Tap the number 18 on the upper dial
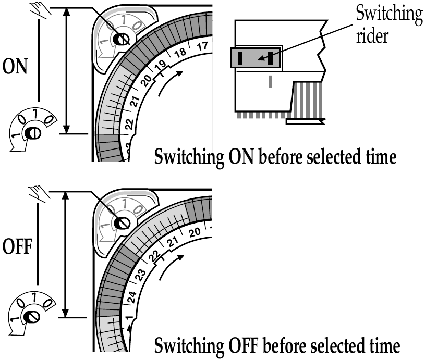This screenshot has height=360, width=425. click(180, 52)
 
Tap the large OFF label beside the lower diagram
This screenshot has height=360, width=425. click(19, 250)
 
